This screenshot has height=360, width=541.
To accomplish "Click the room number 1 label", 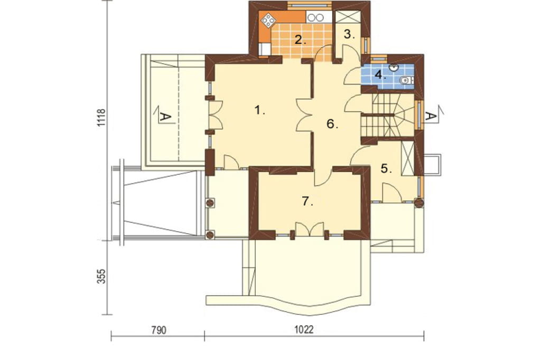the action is coord(259,110).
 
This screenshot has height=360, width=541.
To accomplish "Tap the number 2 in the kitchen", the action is coord(300,40).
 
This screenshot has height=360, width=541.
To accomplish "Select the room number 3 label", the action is coord(349,34).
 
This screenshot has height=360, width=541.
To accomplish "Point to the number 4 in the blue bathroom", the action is coord(380,74).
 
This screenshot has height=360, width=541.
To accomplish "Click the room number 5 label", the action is coord(386,168).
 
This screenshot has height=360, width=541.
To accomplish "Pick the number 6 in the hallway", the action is coord(332,124).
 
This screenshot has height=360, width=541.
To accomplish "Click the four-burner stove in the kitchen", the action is coord(268,21).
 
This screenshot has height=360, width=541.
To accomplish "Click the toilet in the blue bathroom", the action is coord(406,80).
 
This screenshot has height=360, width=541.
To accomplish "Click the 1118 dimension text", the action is coord(101,118).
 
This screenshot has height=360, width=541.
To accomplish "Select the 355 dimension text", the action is coord(101,277).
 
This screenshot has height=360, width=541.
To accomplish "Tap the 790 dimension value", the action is coord(158,330).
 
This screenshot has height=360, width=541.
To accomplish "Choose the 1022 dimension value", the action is coord(304,330).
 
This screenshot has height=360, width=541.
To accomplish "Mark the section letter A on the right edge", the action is coord(431,116).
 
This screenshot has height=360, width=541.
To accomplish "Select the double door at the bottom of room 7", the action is coord(310,229).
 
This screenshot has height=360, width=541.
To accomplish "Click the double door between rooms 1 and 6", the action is coord(305,114).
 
